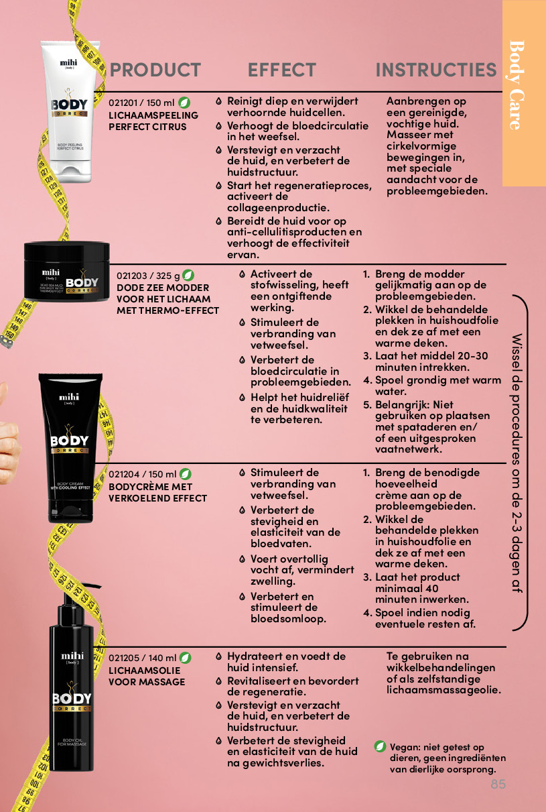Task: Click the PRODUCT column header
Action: coord(155,70)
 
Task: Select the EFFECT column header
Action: coord(281,70)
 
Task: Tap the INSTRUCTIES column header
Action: coord(436,70)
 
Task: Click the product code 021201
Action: coord(123,103)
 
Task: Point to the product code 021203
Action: coord(132,276)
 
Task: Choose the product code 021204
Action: coord(124,474)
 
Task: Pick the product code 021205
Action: coord(124,658)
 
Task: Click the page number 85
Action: coord(498,784)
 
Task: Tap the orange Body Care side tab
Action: coord(524,93)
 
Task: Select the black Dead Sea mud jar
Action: coord(66,271)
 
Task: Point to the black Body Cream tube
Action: coord(70,448)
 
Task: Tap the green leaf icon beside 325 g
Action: coord(188,276)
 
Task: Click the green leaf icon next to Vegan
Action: coord(380,746)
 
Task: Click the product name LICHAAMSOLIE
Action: coord(145,671)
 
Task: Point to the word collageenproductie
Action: coord(278,208)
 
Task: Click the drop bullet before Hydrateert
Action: coord(218,656)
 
